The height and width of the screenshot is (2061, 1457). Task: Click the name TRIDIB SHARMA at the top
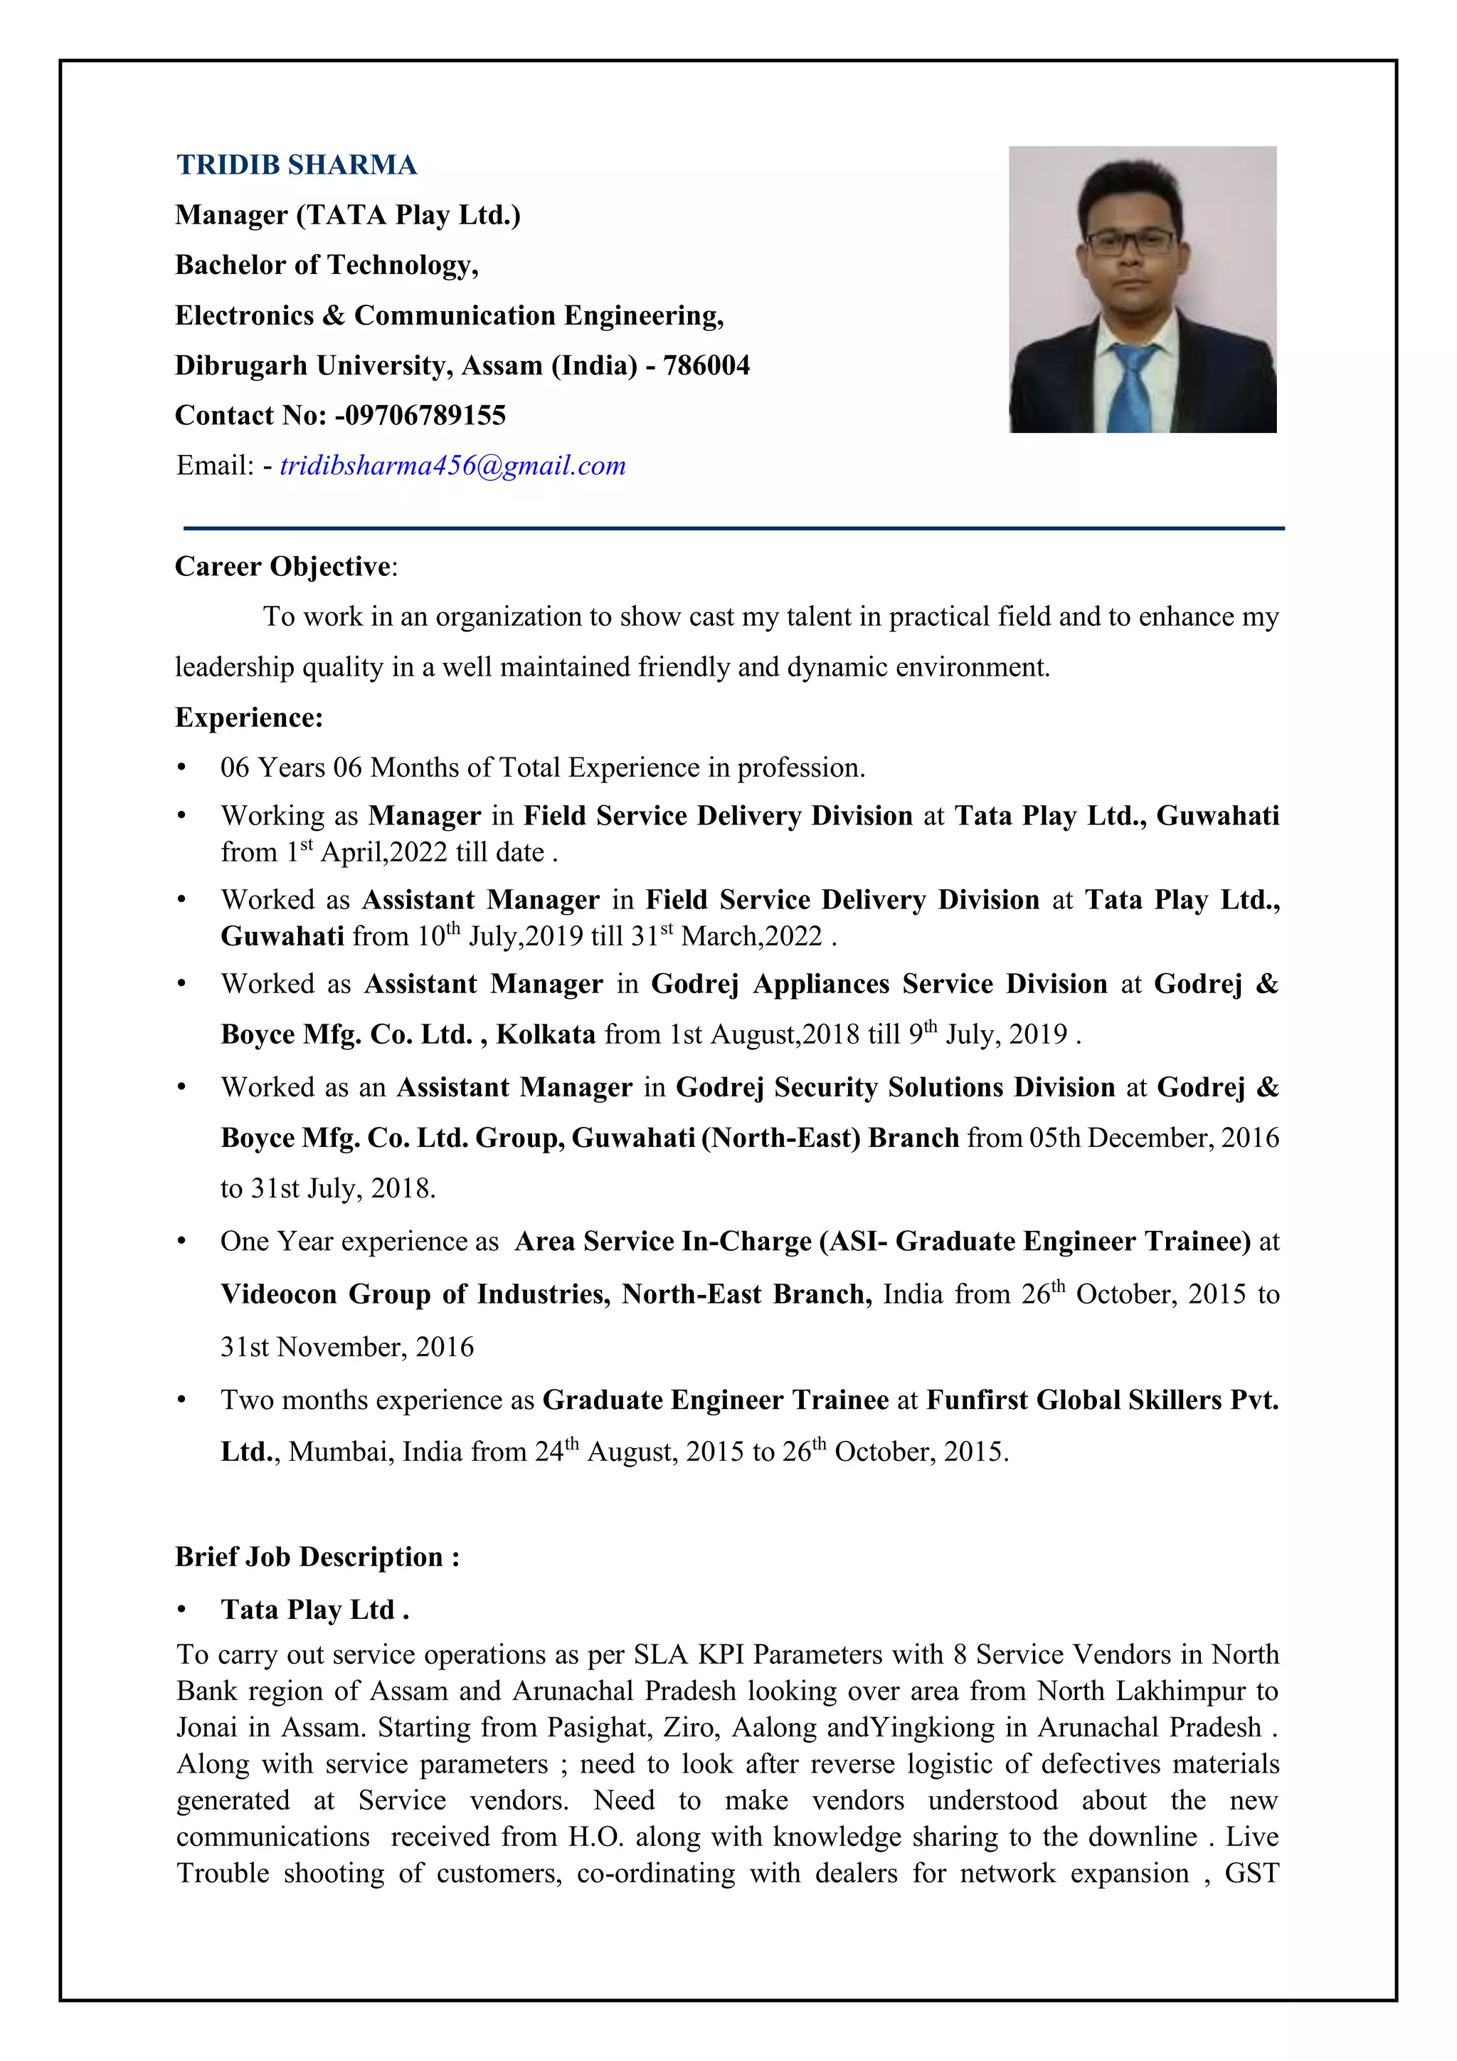[x=296, y=165]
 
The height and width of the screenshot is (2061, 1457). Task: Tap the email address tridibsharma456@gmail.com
[x=452, y=466]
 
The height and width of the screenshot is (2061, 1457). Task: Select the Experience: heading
[x=248, y=717]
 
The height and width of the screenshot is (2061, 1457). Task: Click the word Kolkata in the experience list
[x=546, y=1034]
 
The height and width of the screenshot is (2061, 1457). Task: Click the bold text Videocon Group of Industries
[x=415, y=1294]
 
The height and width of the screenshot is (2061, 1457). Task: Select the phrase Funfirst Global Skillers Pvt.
[x=1102, y=1400]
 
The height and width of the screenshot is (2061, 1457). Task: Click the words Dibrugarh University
[x=314, y=365]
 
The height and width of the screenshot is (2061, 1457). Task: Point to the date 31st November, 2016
[x=347, y=1346]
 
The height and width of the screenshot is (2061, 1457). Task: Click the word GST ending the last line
[x=1251, y=1873]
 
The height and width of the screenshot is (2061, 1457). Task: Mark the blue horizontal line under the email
[x=734, y=529]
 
